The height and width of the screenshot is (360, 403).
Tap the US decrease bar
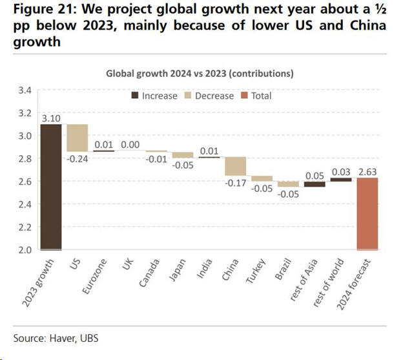[x=77, y=138]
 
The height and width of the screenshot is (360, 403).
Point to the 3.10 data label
[x=51, y=118]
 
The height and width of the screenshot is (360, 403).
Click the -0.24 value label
[x=77, y=159]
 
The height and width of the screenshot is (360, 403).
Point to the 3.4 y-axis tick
[x=24, y=90]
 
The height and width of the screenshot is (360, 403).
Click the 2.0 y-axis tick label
[x=24, y=249]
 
